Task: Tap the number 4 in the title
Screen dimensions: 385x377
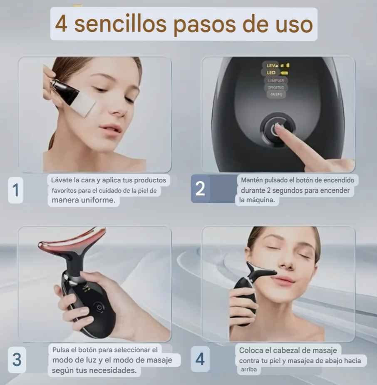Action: (61, 24)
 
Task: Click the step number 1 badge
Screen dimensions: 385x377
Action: (16, 190)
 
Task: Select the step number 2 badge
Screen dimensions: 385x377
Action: (200, 189)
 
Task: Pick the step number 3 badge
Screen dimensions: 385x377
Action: (17, 359)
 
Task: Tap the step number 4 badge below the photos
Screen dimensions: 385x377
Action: (200, 359)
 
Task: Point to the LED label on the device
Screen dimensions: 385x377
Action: (271, 72)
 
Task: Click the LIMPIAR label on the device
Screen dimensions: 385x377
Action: (275, 80)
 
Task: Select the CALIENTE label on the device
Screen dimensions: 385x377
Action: (276, 95)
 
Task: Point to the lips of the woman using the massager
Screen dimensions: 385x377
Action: (283, 281)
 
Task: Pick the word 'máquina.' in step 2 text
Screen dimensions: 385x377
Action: (262, 200)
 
